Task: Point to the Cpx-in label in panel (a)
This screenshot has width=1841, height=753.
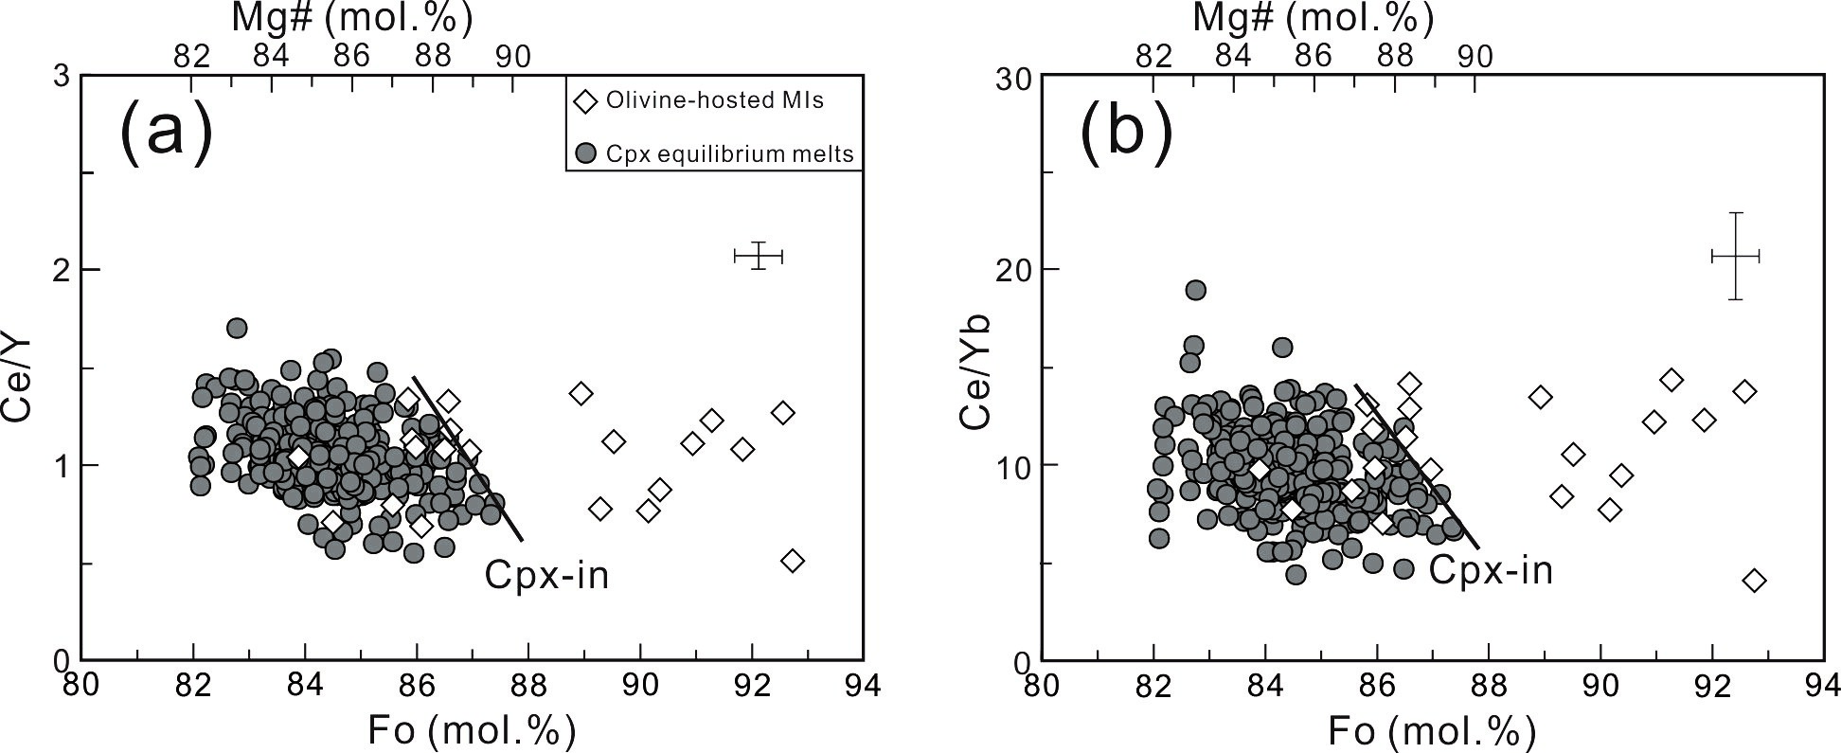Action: coord(546,574)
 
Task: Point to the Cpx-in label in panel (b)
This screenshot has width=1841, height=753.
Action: coord(1491,569)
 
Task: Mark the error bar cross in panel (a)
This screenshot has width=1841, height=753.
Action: coord(759,256)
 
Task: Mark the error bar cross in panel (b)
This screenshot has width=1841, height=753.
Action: coord(1735,256)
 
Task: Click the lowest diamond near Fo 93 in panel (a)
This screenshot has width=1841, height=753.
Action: coord(793,561)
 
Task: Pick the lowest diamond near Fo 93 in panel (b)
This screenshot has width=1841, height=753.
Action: coord(1754,580)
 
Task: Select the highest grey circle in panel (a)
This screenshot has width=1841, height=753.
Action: coord(237,328)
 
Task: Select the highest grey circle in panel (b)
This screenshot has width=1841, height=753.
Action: coord(1195,290)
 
